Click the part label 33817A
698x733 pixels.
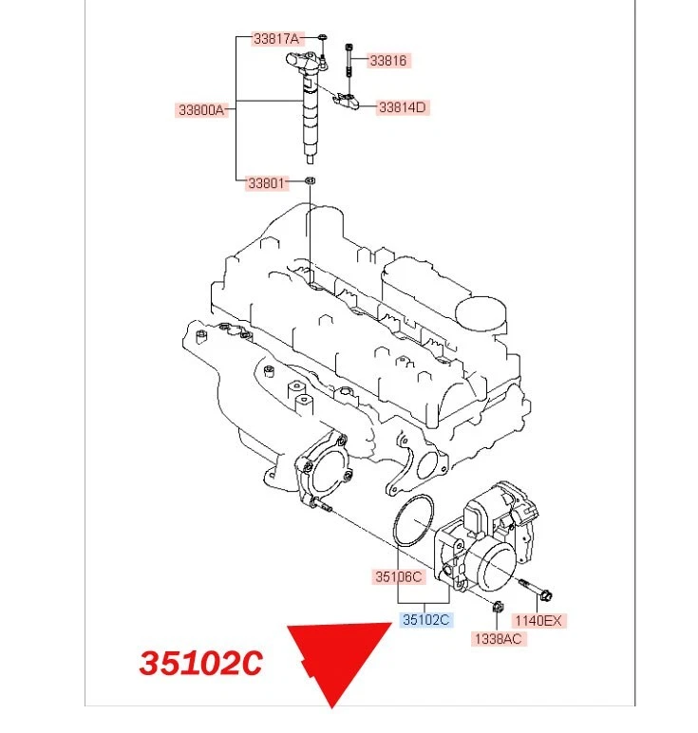[275, 39]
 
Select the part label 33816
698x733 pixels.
[387, 60]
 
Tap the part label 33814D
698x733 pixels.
[403, 107]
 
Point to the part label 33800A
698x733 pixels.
[201, 110]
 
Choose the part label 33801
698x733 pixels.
[267, 182]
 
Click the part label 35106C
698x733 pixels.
[398, 576]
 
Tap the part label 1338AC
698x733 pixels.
[499, 639]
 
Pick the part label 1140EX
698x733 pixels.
[538, 621]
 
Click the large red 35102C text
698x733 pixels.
[200, 663]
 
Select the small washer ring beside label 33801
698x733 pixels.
[310, 180]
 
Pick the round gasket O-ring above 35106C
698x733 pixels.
[413, 522]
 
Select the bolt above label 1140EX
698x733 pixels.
[535, 590]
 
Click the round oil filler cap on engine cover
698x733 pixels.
[481, 310]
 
